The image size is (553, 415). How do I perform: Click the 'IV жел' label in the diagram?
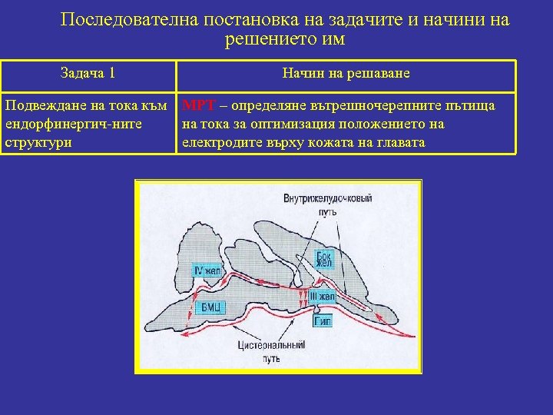[207, 270]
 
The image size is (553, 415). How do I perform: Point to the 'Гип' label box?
[323, 322]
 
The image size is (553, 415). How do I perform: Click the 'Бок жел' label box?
[325, 258]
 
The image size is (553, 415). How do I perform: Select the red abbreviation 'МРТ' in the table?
[195, 104]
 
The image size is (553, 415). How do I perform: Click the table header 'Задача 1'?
[88, 74]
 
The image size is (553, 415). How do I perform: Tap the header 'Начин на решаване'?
[346, 74]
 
